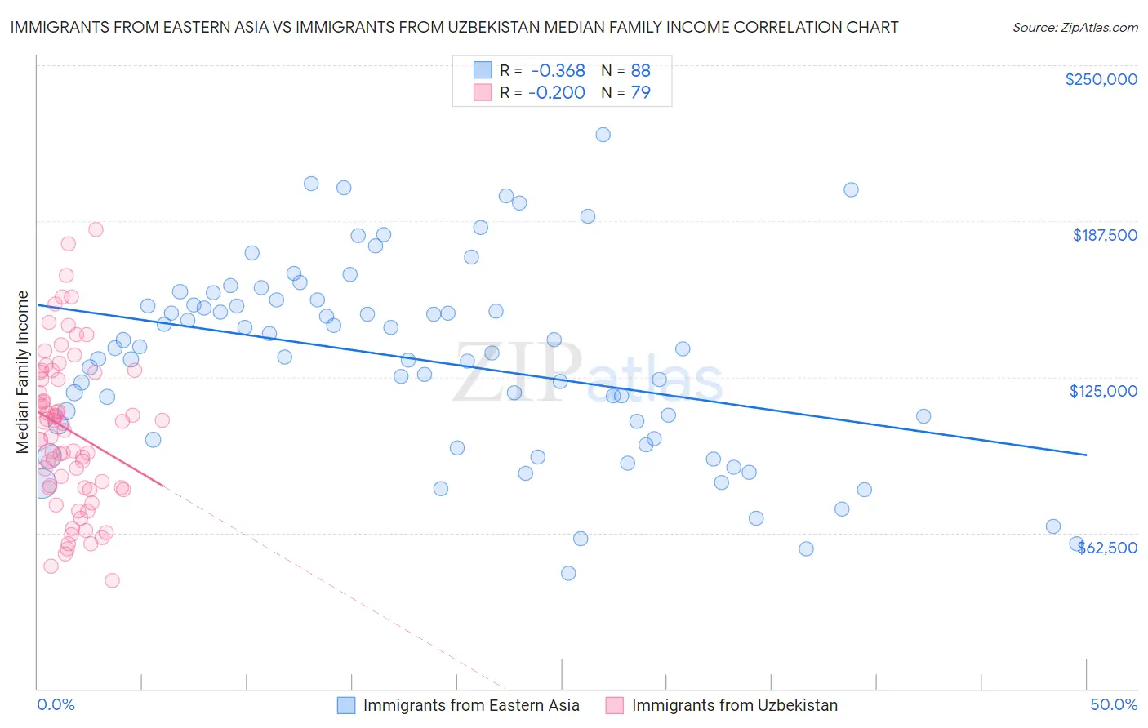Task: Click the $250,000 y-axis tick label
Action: pos(1101,79)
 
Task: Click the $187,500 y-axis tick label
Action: pos(1104,235)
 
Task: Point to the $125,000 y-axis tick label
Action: pos(1103,391)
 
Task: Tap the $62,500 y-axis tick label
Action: pos(1107,548)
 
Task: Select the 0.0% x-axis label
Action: pos(56,704)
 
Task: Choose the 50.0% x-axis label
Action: pos(1114,704)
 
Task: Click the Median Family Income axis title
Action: pos(23,371)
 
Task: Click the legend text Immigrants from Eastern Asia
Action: pos(471,705)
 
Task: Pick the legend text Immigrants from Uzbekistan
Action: pos(734,705)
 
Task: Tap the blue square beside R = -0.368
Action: pos(483,70)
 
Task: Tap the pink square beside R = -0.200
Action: pos(483,92)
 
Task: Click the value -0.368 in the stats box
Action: pos(557,70)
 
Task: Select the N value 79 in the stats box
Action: pos(641,92)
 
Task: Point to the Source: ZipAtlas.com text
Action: pos(1075,27)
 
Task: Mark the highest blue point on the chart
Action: pos(603,135)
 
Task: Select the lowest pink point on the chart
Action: pos(112,580)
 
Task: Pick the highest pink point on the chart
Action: pos(96,229)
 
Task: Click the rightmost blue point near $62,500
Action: pos(1077,544)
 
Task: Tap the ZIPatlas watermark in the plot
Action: pos(588,373)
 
